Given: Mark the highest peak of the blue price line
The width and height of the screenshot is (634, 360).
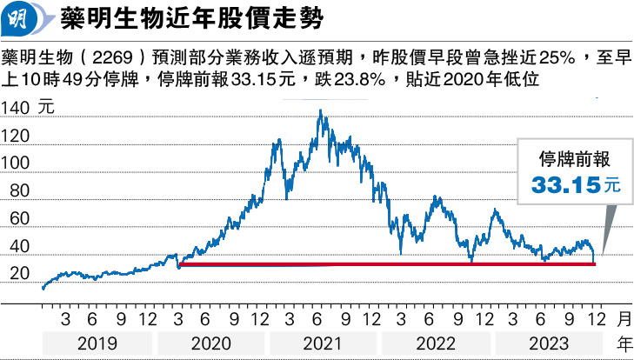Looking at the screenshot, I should [x=320, y=111].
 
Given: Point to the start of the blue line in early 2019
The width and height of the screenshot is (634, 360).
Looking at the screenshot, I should [x=42, y=287].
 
